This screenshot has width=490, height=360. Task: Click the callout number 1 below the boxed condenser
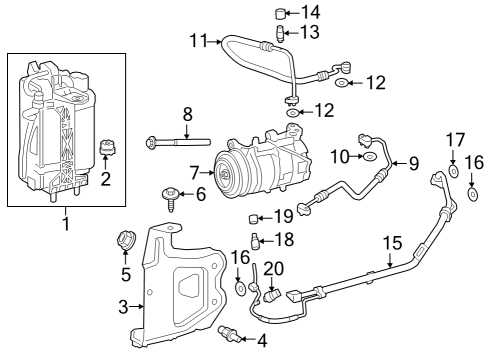pos(67,223)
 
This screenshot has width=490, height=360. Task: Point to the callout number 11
pos(198,41)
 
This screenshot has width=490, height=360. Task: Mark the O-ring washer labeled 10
pos(369,157)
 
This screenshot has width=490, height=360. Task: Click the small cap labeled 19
pos(255,219)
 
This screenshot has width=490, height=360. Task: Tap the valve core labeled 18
pos(255,240)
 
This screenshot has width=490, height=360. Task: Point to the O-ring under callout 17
pos(452,171)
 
